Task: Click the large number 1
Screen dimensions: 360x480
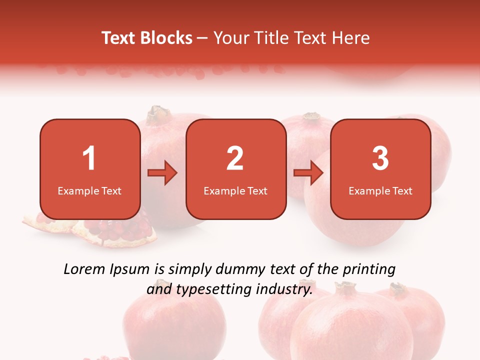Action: pos(89,158)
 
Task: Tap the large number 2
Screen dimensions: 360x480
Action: pos(235,158)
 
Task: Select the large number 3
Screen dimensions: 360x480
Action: pos(380,158)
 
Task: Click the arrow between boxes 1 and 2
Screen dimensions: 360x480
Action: pos(162,173)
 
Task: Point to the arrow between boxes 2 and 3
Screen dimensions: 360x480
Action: pos(308,173)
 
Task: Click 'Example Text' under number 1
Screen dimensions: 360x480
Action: pos(89,190)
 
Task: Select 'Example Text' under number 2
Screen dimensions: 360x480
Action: pos(235,190)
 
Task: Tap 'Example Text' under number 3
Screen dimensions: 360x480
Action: pos(380,190)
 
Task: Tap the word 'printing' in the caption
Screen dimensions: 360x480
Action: pos(369,270)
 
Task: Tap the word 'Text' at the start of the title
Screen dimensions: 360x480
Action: pos(118,38)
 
